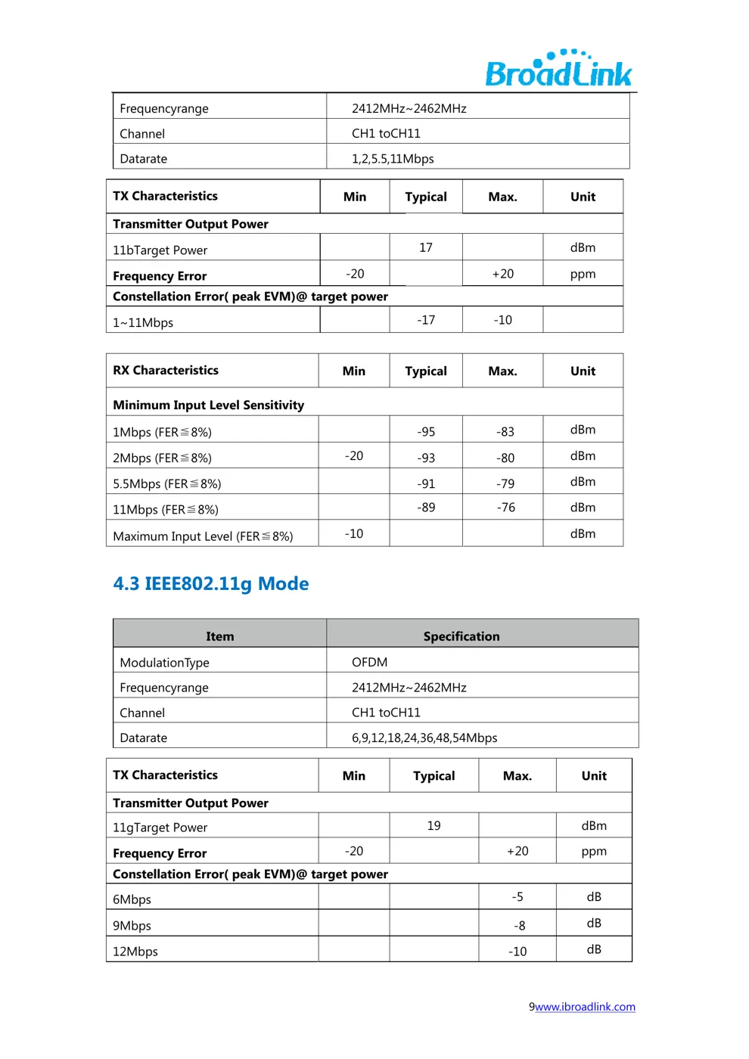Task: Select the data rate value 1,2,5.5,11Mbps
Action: pos(393,159)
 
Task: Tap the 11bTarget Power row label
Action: pos(160,250)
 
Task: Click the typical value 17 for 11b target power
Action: pos(426,247)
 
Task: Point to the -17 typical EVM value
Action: pos(426,320)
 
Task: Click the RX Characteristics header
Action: pos(166,371)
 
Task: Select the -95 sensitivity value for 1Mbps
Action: pos(426,432)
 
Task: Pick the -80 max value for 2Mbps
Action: pos(505,458)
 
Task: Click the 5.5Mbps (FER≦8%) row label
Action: pos(167,484)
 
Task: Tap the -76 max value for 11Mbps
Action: pos(505,508)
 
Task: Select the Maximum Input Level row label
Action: pos(203,536)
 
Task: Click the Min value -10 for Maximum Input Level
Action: pos(354,534)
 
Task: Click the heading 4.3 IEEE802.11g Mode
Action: pos(211,584)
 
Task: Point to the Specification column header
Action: pos(462,636)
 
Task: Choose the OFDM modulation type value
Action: pos(369,662)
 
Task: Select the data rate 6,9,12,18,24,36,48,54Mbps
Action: pos(424,738)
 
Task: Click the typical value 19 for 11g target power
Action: pos(434,825)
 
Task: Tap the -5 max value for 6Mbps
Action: pos(517,897)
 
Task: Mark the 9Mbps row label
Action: pos(132,926)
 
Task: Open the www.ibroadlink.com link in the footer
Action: pos(585,1007)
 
